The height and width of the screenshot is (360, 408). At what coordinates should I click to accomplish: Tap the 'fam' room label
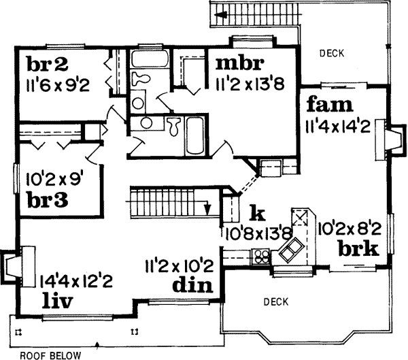pos(329,105)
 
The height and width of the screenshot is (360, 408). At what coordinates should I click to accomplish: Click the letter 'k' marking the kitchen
pos(256,213)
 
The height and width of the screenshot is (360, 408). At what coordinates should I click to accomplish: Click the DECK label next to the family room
pos(330,52)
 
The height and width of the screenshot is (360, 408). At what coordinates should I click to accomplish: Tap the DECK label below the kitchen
pos(277,301)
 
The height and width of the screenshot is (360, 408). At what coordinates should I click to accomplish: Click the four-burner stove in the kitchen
pos(261,257)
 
